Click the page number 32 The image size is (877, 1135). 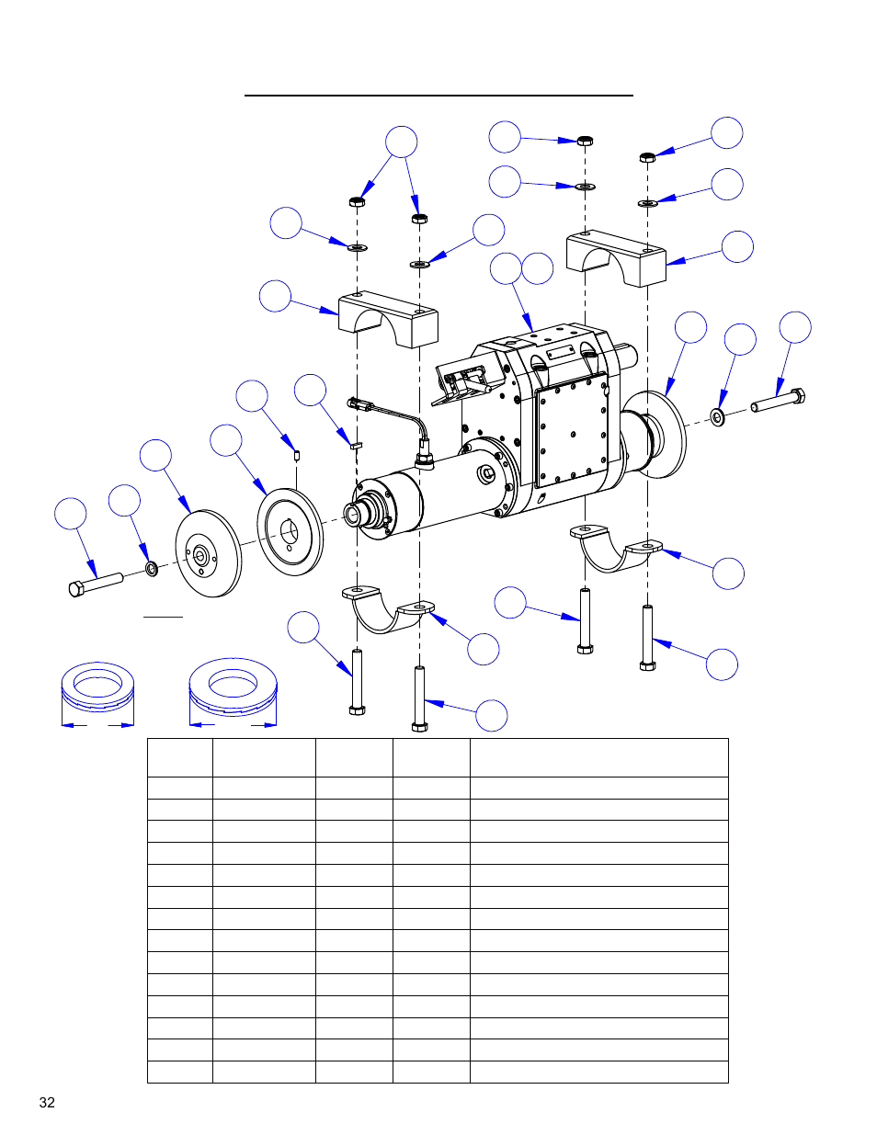tap(47, 1102)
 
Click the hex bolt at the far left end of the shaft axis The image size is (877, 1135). tap(97, 585)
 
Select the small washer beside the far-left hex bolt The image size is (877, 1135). tap(152, 569)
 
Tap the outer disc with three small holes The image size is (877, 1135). tap(209, 553)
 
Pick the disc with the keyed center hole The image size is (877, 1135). tap(290, 532)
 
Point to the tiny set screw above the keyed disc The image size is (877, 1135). tap(297, 456)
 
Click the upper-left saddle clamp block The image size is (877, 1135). tap(388, 319)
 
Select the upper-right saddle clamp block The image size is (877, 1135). tap(616, 258)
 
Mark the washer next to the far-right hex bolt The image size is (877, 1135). tap(718, 417)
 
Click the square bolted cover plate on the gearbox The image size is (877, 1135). tap(572, 428)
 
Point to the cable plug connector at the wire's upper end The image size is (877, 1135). tap(359, 403)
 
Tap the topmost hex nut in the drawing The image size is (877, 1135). tap(585, 141)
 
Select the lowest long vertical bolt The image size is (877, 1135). tap(419, 698)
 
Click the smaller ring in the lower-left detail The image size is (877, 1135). tap(97, 687)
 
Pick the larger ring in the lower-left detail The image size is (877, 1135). tap(233, 687)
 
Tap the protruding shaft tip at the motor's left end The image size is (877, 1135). tap(353, 514)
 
